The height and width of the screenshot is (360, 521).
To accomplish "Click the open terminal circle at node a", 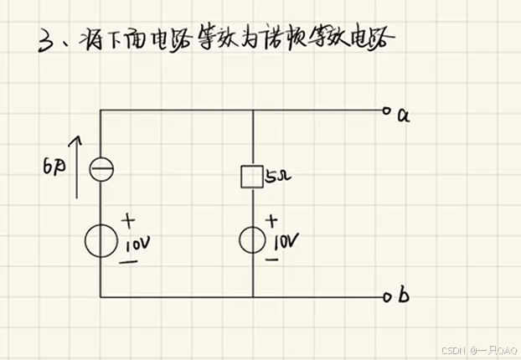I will (x=386, y=111).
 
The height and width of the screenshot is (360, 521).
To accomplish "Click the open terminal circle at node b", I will (x=387, y=297).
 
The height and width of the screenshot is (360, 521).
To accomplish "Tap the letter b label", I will (x=404, y=295).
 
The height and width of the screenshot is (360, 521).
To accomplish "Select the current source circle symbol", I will (x=101, y=170).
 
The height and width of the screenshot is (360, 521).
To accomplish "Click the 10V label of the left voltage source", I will (x=137, y=245).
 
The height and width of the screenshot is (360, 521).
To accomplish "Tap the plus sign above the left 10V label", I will (x=130, y=223).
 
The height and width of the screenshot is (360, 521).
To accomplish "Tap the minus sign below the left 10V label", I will (x=131, y=262).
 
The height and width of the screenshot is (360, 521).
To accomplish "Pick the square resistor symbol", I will (x=252, y=177).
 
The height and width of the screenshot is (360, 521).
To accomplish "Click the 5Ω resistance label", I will (x=276, y=177).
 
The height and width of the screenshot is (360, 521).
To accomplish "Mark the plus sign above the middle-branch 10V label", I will (x=271, y=221).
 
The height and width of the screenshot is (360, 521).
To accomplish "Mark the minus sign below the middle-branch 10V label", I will (x=272, y=260).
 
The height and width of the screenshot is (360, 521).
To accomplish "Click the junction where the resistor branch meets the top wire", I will (x=252, y=111).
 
